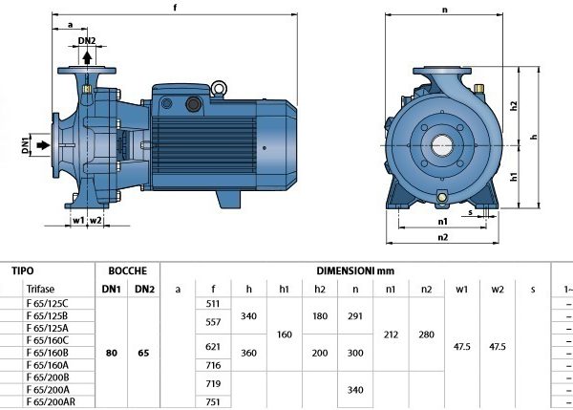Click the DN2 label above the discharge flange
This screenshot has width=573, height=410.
[87, 40]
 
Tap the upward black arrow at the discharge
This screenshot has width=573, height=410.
[87, 57]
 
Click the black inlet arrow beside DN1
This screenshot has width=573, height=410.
[44, 145]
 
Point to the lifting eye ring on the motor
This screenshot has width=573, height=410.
[219, 88]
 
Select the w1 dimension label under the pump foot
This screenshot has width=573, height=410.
[78, 220]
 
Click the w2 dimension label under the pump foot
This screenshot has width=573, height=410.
[95, 220]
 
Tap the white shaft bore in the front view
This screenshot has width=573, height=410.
[442, 145]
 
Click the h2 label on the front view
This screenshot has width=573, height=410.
[514, 106]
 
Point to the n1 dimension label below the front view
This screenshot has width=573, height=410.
[442, 222]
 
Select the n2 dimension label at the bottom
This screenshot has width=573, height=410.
[442, 237]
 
